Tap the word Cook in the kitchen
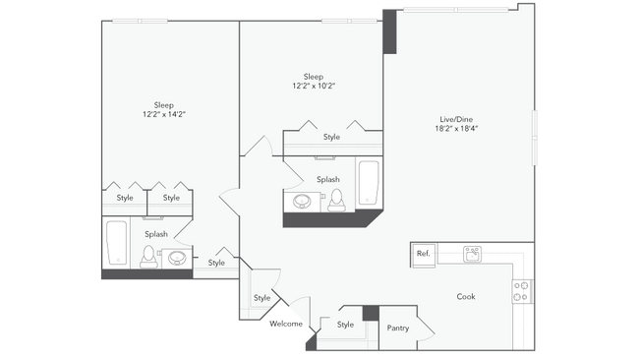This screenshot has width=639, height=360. coord(466,296)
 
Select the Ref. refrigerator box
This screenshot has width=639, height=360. coord(424,254)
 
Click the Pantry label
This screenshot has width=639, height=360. coord(398,328)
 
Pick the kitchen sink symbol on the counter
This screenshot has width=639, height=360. coord(472,254)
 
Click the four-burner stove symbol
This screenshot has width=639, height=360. coord(522,291)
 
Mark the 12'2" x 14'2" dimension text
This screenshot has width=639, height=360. coord(164,115)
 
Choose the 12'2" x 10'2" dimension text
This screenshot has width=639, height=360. coord(313,86)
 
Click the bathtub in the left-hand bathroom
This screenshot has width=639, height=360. coord(116,244)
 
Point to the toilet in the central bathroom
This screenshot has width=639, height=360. coord(337,200)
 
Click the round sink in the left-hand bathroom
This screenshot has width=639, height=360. coord(177,258)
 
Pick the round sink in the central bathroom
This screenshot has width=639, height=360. coord(304,201)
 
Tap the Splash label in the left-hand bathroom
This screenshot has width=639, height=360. coord(155,234)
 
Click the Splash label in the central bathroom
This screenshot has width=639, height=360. coord(328,179)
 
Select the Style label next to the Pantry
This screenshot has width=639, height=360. coord(345,325)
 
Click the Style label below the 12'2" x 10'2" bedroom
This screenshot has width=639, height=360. coord(331,137)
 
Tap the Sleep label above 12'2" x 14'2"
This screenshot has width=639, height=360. coord(164,104)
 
